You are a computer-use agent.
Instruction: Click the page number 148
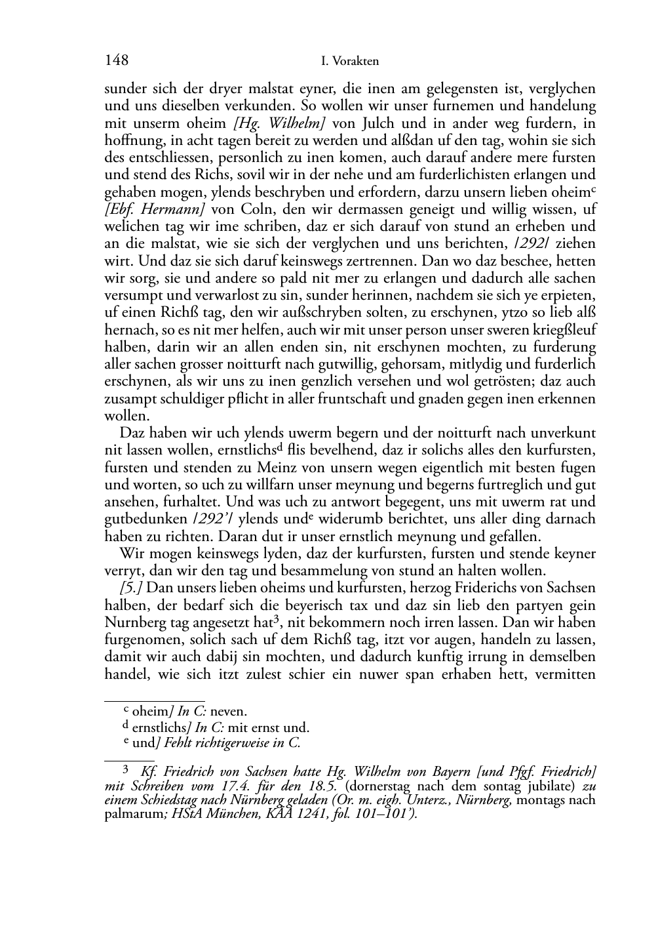pos(117,61)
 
